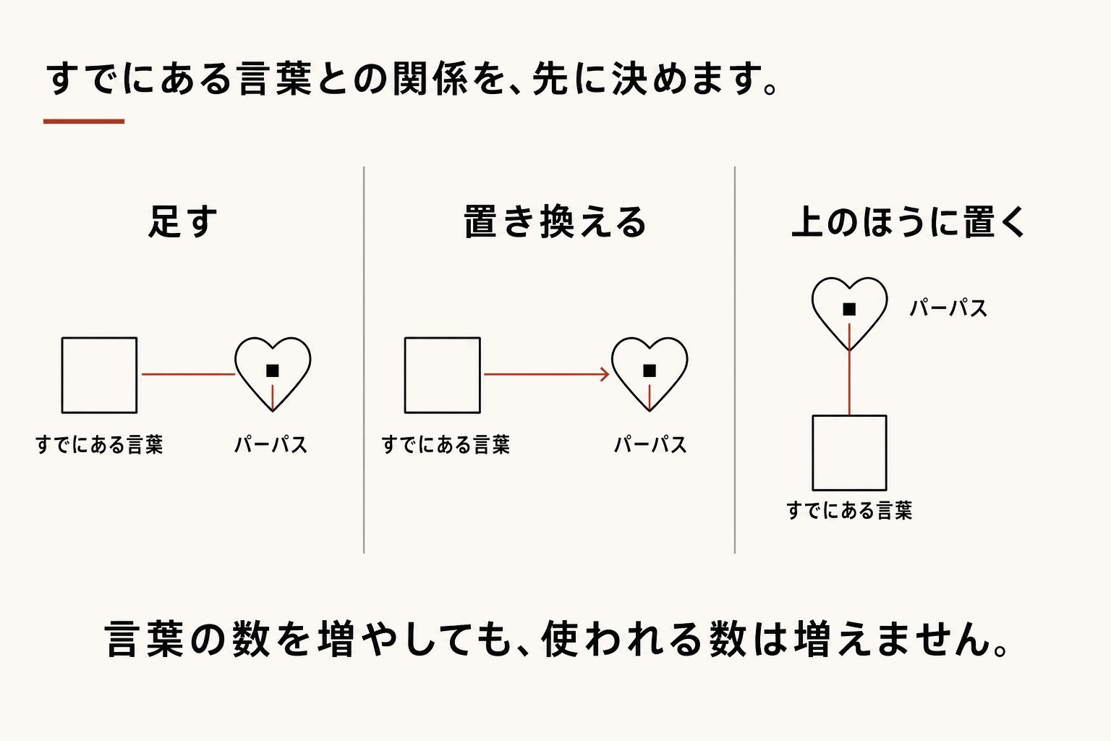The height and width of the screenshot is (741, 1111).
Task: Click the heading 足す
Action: point(183,221)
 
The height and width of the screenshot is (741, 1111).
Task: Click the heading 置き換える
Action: point(555,221)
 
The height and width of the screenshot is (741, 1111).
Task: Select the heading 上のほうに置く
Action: point(908,221)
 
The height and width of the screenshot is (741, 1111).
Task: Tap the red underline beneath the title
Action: point(84,121)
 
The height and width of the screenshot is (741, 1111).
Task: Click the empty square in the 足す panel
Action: point(62,376)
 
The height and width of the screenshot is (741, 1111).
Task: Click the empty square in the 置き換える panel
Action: point(405,376)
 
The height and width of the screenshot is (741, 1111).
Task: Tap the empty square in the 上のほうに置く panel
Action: point(813,453)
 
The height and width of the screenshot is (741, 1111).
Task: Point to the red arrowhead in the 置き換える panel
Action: point(605,374)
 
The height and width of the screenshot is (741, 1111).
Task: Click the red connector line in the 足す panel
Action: point(189,374)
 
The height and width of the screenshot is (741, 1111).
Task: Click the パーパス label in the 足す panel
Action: point(271,444)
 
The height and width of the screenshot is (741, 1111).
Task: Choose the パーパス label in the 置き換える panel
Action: point(650,444)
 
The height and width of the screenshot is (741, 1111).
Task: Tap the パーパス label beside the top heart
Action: point(948,308)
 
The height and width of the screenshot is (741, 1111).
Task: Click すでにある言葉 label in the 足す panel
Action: point(99,444)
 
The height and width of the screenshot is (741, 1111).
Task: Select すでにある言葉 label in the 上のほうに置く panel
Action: point(850,510)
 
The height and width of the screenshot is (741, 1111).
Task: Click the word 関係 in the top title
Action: point(430,79)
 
